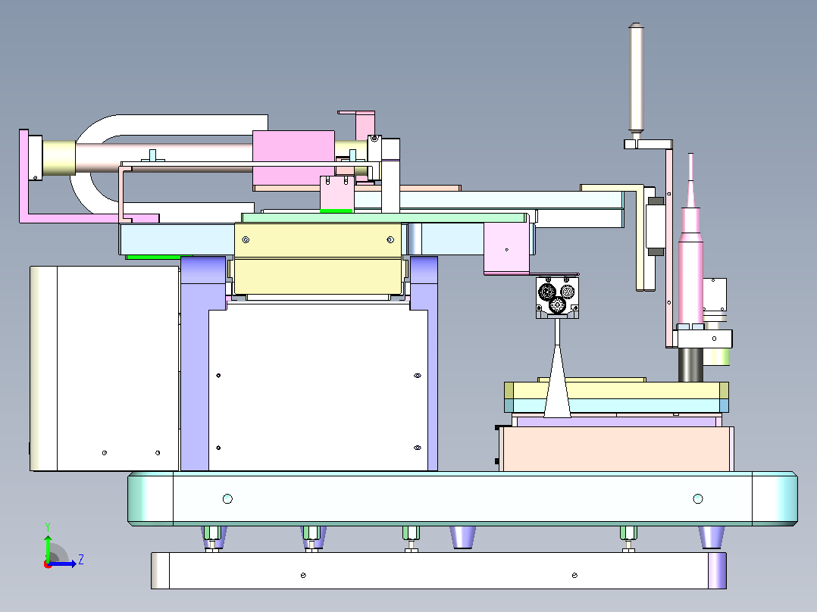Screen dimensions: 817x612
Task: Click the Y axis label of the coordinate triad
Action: [x=48, y=526]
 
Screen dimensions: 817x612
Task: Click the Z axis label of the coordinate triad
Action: [x=81, y=560]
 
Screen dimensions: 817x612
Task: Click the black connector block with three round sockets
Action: [x=557, y=298]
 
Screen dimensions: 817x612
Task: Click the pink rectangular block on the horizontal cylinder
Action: [x=293, y=159]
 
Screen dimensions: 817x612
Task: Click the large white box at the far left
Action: [x=105, y=368]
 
